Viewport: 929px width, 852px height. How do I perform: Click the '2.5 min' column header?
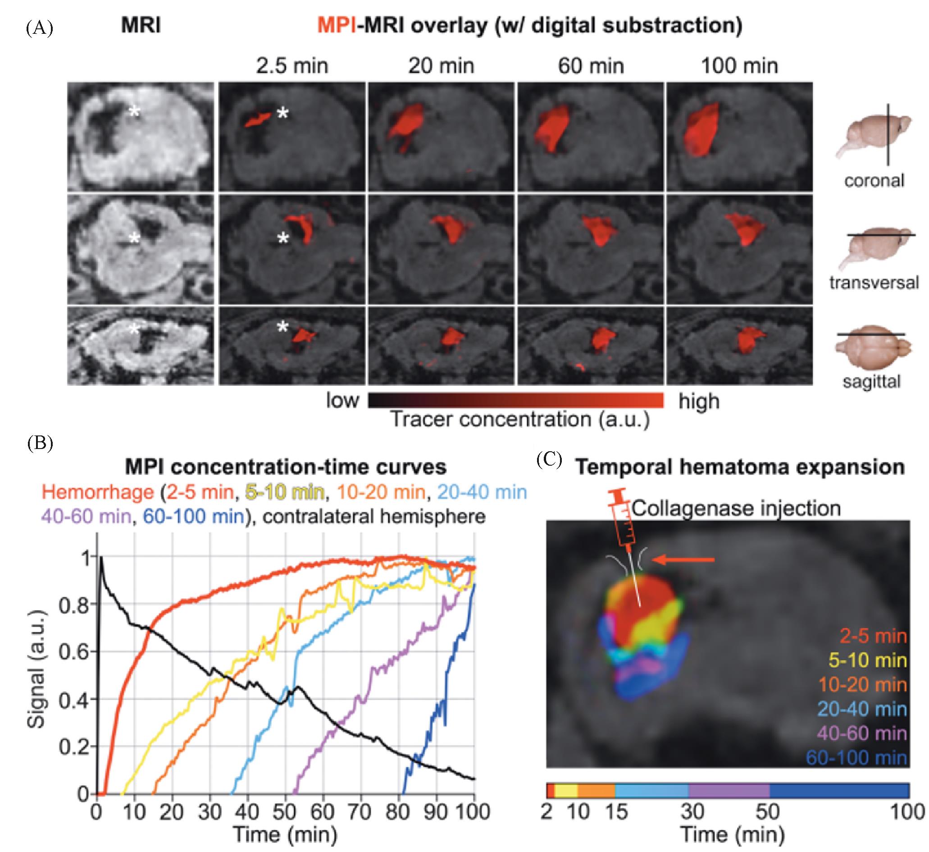click(x=292, y=66)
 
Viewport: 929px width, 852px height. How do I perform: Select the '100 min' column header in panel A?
click(x=739, y=66)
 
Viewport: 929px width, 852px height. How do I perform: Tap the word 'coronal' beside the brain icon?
click(x=874, y=180)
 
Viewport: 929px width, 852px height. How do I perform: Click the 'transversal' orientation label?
click(x=874, y=282)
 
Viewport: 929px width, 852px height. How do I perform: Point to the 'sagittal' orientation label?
click(x=871, y=381)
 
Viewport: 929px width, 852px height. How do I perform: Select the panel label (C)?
click(x=549, y=460)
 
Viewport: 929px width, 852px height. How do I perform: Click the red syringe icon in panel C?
click(x=624, y=525)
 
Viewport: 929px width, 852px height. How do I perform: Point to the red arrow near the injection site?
click(x=685, y=560)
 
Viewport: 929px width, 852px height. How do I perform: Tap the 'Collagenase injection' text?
click(x=736, y=508)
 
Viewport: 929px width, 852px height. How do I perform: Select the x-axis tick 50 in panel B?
click(x=285, y=812)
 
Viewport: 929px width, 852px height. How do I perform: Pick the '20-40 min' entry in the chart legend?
click(x=482, y=492)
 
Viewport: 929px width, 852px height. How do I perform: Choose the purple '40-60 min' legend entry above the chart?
click(x=86, y=516)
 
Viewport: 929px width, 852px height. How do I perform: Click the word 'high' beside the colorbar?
click(x=699, y=402)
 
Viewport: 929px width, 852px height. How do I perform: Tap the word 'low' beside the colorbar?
click(x=342, y=401)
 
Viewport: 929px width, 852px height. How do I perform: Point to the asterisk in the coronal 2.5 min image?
click(x=282, y=113)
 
